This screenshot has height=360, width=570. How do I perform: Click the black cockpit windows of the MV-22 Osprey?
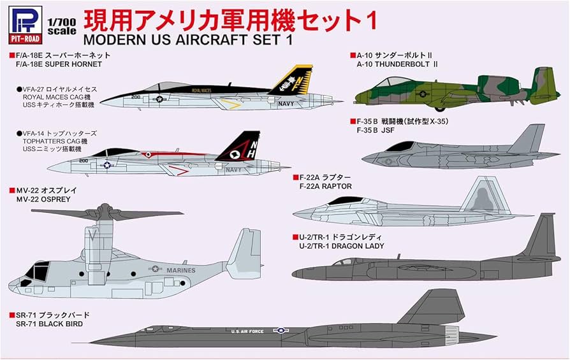[x=37, y=273]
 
